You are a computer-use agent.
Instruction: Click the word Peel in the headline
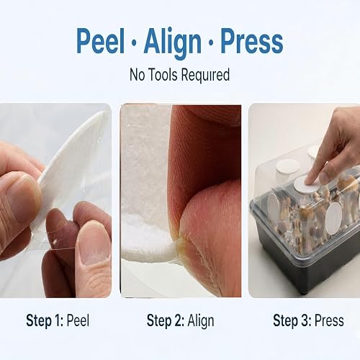101,41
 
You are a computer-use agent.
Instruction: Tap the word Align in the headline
173,44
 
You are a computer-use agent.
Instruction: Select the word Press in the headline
252,41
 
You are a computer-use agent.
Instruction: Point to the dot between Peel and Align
135,43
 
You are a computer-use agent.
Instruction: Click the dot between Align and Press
211,43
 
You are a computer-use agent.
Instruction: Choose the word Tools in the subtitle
163,74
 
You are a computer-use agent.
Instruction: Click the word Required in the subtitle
205,76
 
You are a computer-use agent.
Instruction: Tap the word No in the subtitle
138,75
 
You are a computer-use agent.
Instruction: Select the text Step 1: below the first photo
45,320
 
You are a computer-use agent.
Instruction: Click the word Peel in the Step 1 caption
78,320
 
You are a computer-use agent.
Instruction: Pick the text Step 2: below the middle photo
166,320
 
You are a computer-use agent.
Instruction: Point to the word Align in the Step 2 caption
201,321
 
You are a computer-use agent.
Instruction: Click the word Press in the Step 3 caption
329,320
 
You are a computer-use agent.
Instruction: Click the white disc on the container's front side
333,218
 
